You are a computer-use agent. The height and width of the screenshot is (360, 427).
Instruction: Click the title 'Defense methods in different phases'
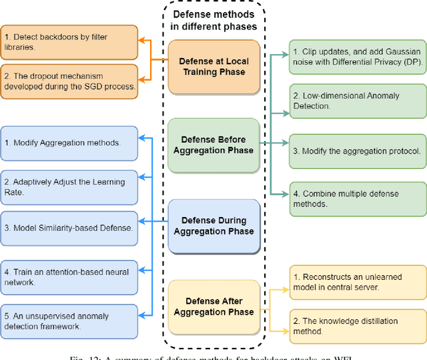214,20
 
